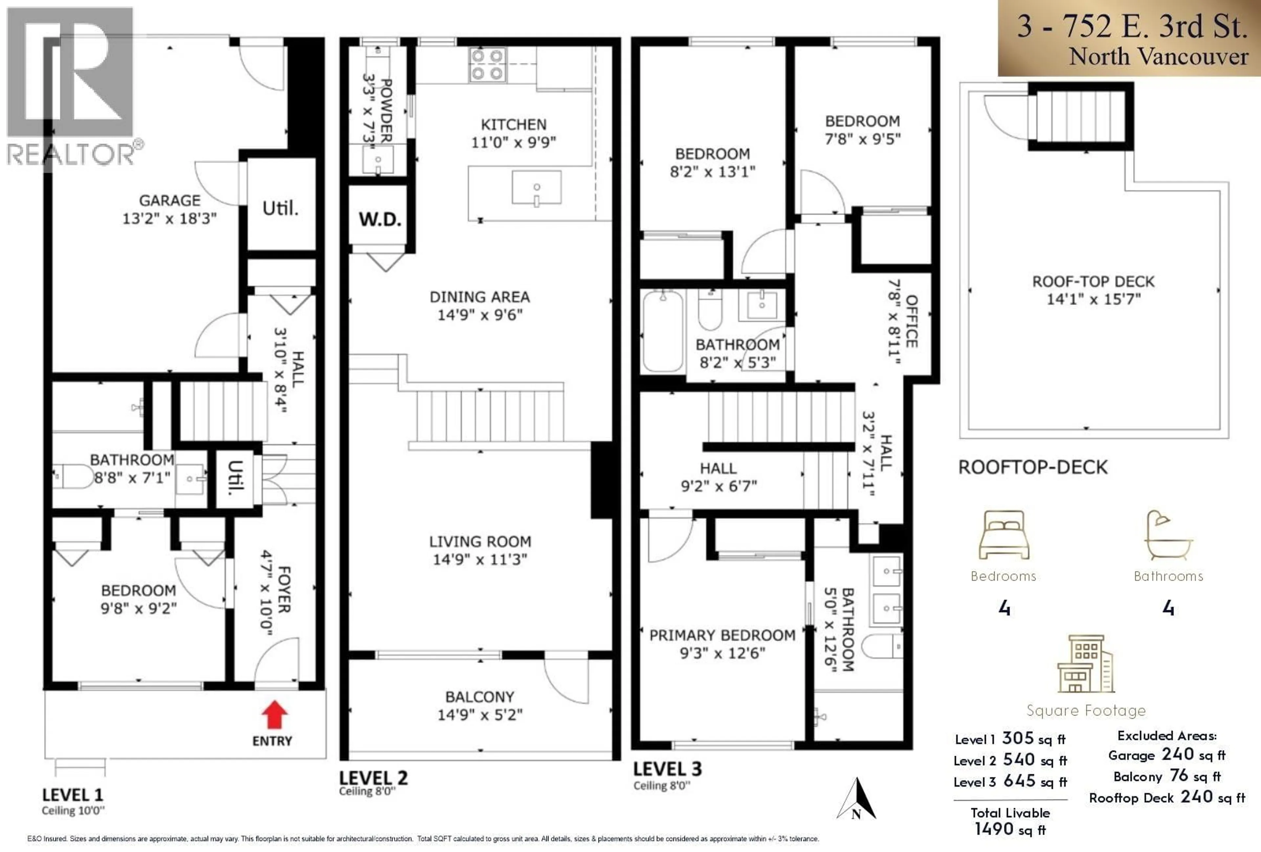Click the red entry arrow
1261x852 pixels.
click(x=275, y=714)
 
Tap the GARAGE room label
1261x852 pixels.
click(x=170, y=201)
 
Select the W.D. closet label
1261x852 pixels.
click(x=379, y=219)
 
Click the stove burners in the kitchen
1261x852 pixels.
click(x=487, y=65)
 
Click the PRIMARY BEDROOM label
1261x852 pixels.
click(x=722, y=635)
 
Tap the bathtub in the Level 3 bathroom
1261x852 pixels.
click(x=662, y=331)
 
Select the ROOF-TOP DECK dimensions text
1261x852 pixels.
click(x=1093, y=299)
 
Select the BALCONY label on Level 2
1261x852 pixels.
click(x=480, y=697)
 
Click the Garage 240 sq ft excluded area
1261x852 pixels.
click(x=1166, y=755)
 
